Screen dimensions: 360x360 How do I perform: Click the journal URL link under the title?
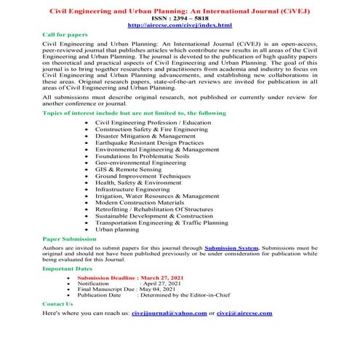180,25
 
